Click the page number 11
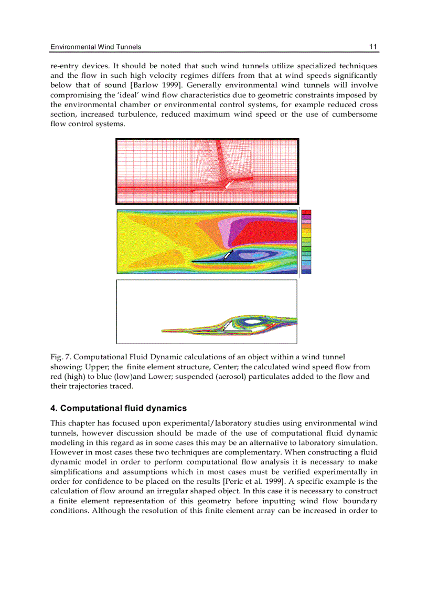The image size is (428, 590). pos(373,47)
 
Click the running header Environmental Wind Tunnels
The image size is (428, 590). pos(95,47)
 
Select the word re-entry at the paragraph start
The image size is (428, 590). pos(64,66)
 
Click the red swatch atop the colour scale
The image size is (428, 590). pos(306,212)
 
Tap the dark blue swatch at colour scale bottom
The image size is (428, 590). pos(306,271)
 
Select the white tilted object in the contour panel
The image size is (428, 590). pos(228,255)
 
